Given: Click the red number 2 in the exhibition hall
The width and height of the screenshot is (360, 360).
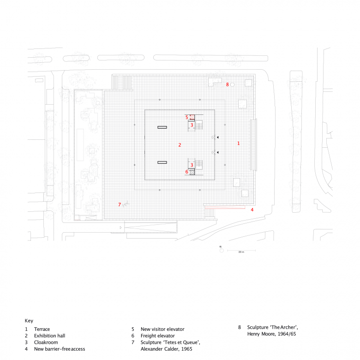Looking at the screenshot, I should click(x=180, y=145).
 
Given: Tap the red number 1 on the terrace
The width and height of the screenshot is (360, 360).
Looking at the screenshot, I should click(x=238, y=144).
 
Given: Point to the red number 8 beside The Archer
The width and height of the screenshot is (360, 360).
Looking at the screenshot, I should click(x=227, y=84).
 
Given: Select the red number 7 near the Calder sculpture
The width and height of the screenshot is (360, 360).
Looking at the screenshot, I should click(x=119, y=204).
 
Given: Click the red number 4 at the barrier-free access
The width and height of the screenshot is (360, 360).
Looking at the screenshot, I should click(x=252, y=210).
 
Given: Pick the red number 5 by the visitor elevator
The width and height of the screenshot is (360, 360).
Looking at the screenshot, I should click(x=187, y=117).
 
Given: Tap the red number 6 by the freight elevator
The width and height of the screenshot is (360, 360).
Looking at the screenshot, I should click(x=187, y=172).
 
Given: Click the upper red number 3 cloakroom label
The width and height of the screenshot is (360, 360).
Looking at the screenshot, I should click(x=192, y=125).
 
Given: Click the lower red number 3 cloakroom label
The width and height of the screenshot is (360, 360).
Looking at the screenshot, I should click(x=192, y=165).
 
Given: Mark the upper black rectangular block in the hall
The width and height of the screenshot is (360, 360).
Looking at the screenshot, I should click(x=162, y=127).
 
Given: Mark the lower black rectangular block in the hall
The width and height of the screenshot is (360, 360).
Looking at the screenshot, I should click(x=162, y=162).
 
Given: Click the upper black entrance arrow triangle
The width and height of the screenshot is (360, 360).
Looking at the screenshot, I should click(x=219, y=138).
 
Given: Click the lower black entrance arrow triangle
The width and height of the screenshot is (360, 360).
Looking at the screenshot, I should click(x=219, y=152).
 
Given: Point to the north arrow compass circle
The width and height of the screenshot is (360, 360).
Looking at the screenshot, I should click(x=222, y=252).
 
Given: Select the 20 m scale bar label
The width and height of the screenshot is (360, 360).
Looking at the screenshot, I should click(x=240, y=252).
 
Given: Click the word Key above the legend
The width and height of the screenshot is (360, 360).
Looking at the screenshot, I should click(x=29, y=320).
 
